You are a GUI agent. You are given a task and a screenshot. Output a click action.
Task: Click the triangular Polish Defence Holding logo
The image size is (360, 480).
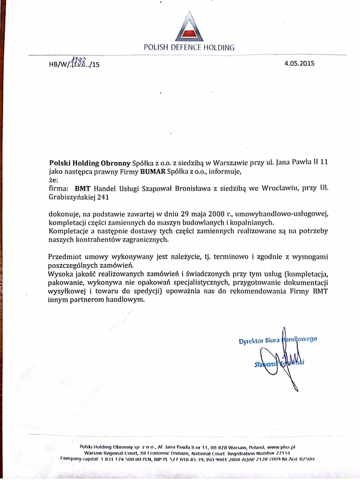(189, 27)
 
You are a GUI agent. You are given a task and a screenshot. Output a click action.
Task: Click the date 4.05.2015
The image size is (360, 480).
(299, 64)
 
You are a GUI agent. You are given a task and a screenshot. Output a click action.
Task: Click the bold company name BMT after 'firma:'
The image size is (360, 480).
(82, 189)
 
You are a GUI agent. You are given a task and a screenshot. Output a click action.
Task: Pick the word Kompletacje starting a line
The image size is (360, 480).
(69, 231)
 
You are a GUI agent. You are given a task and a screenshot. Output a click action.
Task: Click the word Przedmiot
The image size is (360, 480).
(67, 256)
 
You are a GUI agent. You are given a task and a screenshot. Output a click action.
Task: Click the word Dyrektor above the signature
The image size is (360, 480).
(252, 340)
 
